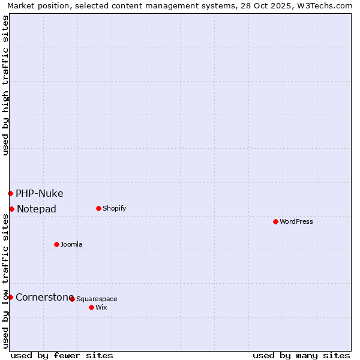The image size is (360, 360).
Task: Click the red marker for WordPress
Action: (x=275, y=222)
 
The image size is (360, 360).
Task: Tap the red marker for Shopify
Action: (x=98, y=209)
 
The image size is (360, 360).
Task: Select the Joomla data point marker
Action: (x=56, y=244)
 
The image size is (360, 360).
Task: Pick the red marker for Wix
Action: (x=91, y=307)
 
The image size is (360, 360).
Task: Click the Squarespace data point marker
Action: (x=72, y=299)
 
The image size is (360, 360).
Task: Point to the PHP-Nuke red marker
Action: (x=10, y=193)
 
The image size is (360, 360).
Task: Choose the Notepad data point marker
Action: (x=11, y=209)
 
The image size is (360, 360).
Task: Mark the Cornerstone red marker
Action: (x=10, y=297)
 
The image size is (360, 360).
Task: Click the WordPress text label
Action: (x=296, y=222)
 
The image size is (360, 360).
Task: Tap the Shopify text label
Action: (x=115, y=209)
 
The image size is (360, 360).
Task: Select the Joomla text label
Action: (x=71, y=245)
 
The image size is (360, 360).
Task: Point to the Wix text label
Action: (x=101, y=308)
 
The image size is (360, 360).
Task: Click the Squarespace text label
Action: (x=97, y=299)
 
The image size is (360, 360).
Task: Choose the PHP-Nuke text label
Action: (x=40, y=194)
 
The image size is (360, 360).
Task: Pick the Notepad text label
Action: (x=37, y=209)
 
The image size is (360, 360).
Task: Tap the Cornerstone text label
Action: (x=44, y=298)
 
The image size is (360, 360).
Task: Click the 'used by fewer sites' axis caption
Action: (x=62, y=356)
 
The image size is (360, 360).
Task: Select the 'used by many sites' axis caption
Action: (x=301, y=356)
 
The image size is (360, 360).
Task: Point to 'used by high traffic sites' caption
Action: (x=5, y=85)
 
